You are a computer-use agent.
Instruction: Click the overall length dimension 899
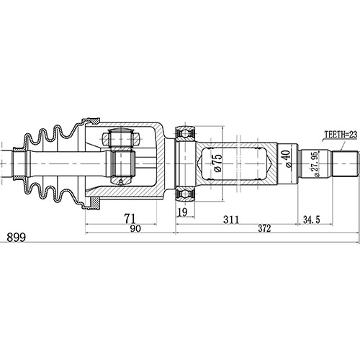click(x=14, y=238)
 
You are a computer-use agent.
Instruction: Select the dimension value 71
click(x=130, y=218)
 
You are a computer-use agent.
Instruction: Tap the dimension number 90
click(x=130, y=229)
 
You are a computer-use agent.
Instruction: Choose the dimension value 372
click(x=266, y=229)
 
